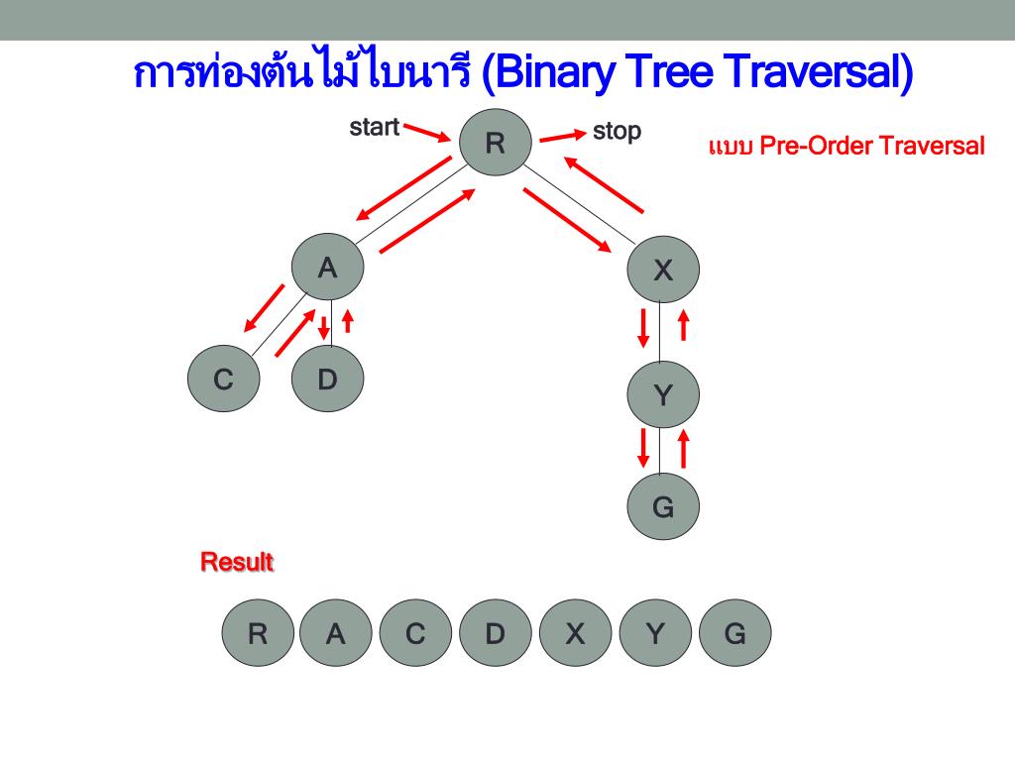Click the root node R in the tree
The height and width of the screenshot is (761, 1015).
click(495, 145)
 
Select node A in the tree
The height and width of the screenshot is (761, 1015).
click(327, 268)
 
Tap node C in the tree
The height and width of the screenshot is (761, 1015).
click(224, 379)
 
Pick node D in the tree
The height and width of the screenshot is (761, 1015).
click(327, 379)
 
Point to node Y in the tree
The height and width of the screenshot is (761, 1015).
click(663, 395)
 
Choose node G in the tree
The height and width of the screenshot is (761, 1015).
click(663, 508)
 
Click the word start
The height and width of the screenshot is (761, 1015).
click(375, 127)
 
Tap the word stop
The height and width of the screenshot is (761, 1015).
click(617, 131)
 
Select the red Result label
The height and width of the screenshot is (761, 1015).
click(237, 563)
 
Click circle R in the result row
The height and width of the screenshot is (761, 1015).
click(258, 633)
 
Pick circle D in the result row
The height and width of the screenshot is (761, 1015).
click(495, 633)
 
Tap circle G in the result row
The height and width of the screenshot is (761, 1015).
click(733, 633)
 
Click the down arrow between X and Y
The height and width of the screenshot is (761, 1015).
click(643, 328)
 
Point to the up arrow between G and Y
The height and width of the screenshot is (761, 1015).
click(683, 447)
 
